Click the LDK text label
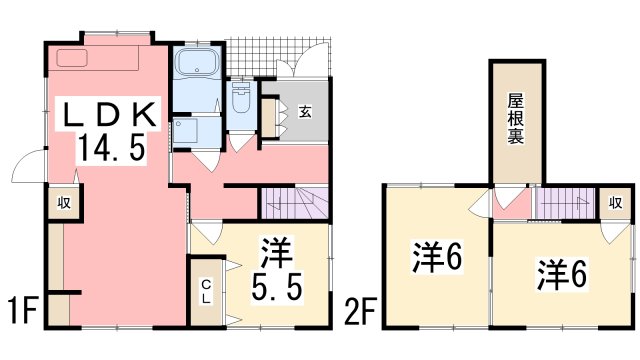(109, 116)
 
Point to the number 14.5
(111, 152)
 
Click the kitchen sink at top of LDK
(71, 57)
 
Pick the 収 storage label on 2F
(614, 203)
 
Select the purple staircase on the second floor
(565, 203)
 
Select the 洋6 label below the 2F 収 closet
(564, 271)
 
